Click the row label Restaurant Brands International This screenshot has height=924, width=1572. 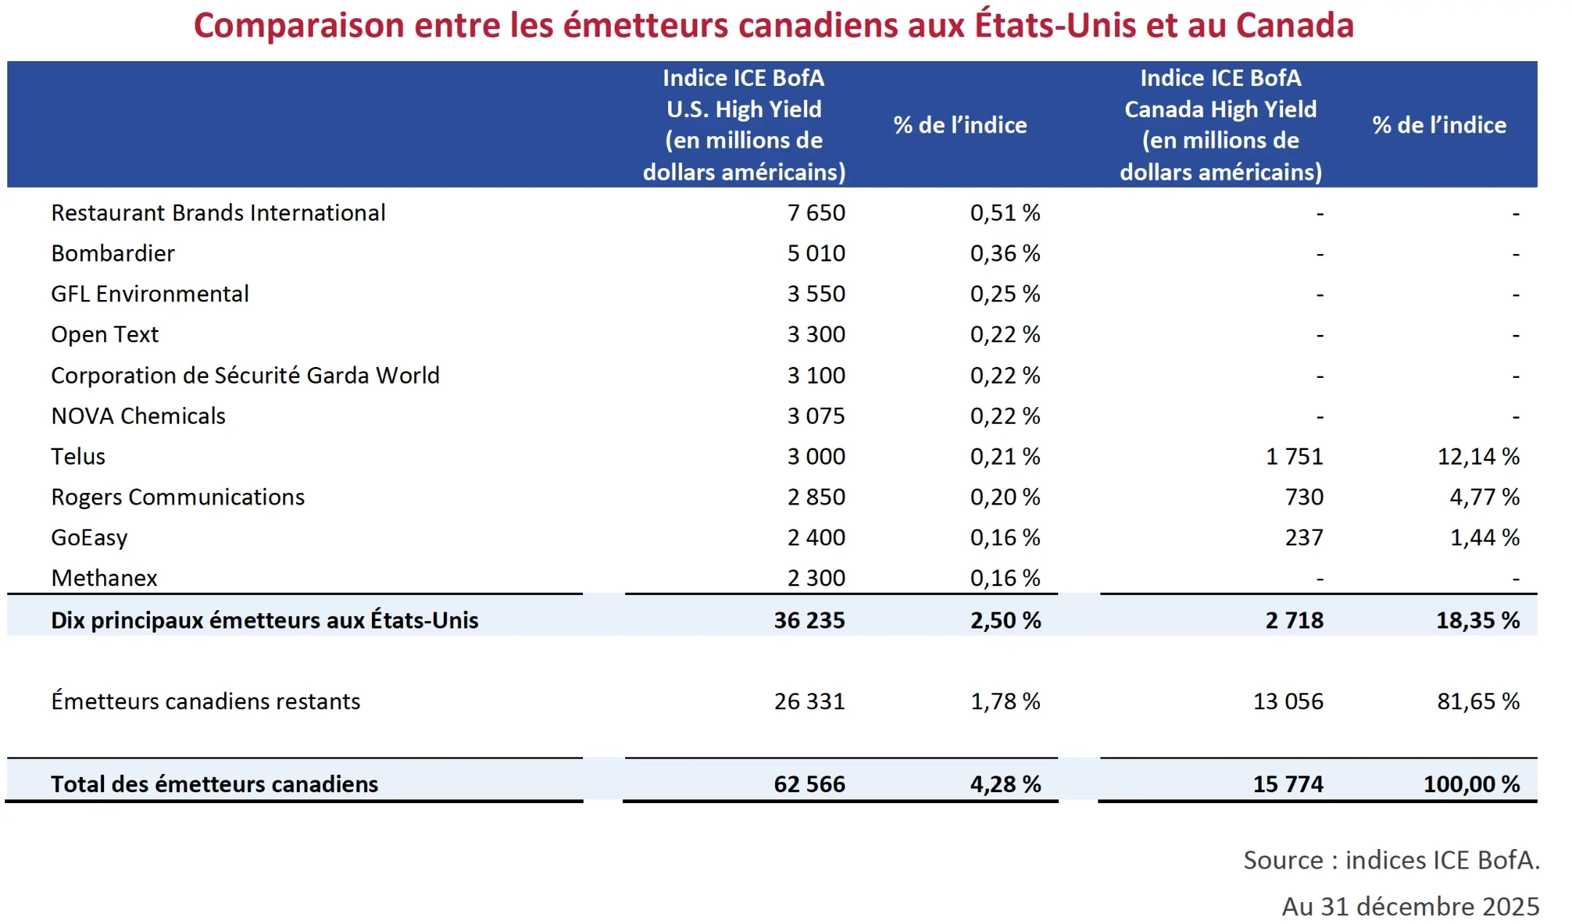pos(218,213)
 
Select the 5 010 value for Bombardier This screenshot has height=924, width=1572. pos(816,253)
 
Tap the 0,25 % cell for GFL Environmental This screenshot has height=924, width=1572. pos(1004,294)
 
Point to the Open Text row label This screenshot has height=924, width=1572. pos(105,334)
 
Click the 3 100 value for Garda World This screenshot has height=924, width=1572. pos(816,375)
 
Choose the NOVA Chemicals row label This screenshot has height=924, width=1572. pos(138,416)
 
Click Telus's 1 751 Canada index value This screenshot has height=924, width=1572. pos(1294,457)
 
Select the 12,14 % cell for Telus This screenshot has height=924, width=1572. pos(1478,457)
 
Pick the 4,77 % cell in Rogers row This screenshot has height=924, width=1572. pos(1484,497)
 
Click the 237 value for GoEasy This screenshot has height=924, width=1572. pos(1303,537)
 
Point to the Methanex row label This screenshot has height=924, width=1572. pos(104,578)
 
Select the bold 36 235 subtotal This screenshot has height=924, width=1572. pos(809,620)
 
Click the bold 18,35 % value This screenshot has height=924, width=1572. pos(1477,620)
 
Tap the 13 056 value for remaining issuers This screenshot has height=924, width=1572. pos(1288,701)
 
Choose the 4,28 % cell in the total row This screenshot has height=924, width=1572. pos(1005,784)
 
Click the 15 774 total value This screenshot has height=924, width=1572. pos(1288,784)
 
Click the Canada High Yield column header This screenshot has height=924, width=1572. pos(1220,125)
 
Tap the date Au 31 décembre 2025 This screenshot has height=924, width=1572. pos(1410,907)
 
